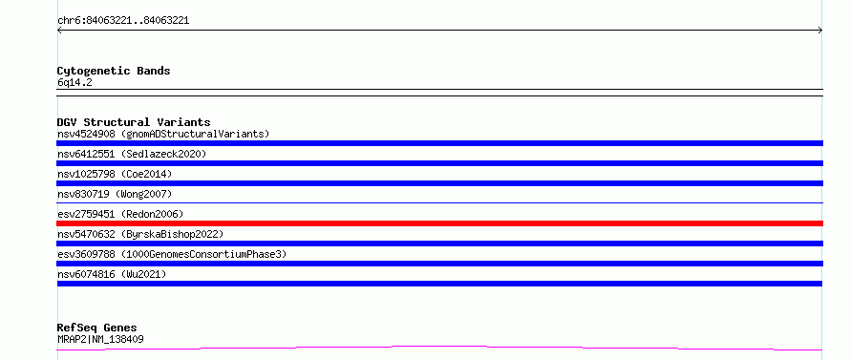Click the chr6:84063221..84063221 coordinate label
123,21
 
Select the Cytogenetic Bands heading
114,71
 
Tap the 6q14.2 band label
74,82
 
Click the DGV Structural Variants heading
134,122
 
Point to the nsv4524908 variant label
86,134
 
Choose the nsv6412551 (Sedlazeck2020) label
132,154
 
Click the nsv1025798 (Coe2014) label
115,174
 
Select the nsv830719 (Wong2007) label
115,194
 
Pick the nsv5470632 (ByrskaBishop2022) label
140,234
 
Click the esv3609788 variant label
86,254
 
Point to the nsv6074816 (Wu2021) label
112,274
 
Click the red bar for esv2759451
439,223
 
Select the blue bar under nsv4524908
439,143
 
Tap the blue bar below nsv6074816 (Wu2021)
439,284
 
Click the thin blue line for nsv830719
439,202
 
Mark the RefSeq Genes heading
97,328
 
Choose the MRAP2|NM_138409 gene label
100,339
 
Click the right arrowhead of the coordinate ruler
820,31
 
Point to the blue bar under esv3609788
439,264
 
